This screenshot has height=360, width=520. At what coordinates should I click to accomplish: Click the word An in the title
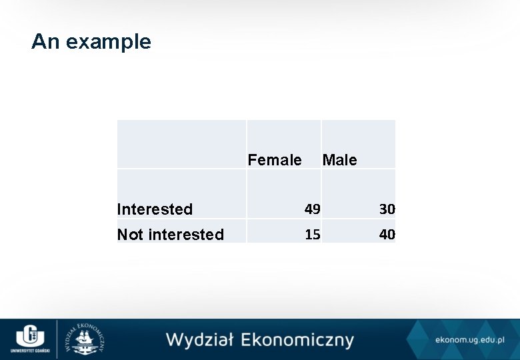(46, 42)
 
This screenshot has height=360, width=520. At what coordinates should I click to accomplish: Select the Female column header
(274, 160)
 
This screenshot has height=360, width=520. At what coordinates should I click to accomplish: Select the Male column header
(339, 160)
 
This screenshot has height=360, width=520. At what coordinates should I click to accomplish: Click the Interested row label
(155, 209)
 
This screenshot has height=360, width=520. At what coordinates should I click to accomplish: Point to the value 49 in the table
(312, 209)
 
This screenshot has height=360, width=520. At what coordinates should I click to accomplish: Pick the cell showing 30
(387, 209)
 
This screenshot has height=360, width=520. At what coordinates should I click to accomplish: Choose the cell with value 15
(312, 235)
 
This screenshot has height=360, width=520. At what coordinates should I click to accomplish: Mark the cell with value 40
(387, 235)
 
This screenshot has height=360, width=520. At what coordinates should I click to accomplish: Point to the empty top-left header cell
(181, 144)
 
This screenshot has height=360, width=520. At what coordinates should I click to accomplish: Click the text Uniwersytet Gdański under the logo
(28, 350)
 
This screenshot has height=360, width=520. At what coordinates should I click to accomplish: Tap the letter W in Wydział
(176, 340)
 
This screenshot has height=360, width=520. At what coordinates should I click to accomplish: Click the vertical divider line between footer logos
(57, 338)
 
